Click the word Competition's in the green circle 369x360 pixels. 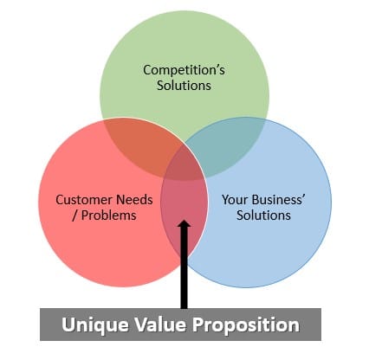pos(184,70)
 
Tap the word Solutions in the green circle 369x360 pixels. pos(184,86)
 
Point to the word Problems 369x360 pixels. pos(109,215)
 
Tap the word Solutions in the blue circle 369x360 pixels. pos(263,215)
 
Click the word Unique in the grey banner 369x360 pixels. pos(95,325)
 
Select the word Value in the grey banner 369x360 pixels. pos(159,324)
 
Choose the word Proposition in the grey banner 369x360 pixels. pos(245,325)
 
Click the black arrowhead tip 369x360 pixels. pos(184,221)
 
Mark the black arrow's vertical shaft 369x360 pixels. pos(184,267)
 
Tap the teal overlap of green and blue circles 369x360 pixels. pos(228,147)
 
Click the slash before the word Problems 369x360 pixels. pos(75,215)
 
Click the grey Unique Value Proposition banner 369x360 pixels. pos(180,325)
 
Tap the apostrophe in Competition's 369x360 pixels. pos(217,67)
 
